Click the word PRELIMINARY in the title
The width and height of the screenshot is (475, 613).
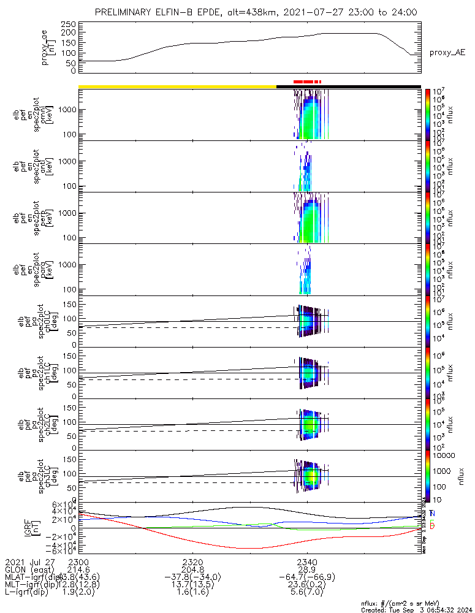pyautogui.click(x=124, y=12)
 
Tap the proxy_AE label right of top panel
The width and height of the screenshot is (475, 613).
pyautogui.click(x=446, y=53)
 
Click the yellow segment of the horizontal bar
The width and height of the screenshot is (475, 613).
pyautogui.click(x=177, y=86)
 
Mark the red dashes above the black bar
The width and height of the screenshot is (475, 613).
pyautogui.click(x=306, y=81)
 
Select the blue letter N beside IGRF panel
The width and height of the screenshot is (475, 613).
pyautogui.click(x=432, y=513)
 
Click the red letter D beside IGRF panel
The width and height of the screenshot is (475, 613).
pyautogui.click(x=432, y=527)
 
